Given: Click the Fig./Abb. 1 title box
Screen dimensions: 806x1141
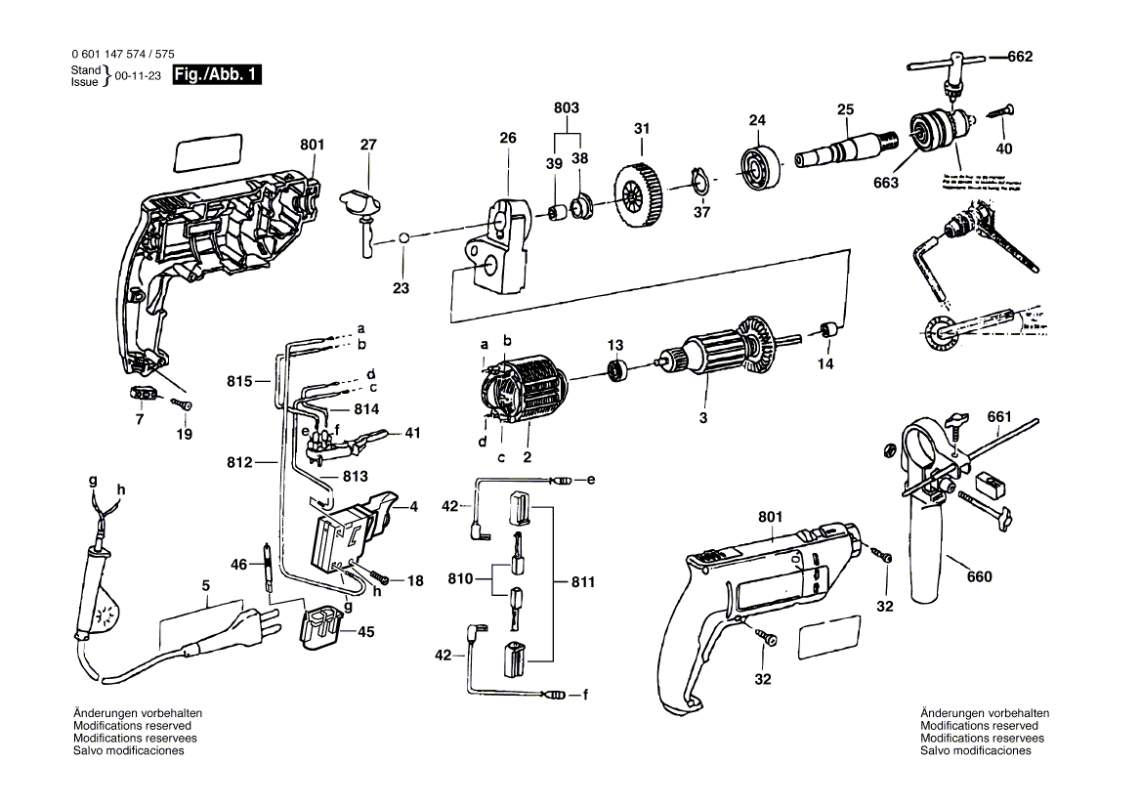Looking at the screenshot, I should pyautogui.click(x=216, y=75).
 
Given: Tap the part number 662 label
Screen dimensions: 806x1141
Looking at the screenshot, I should pyautogui.click(x=1019, y=57).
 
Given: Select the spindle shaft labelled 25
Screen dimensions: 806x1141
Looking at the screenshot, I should pyautogui.click(x=845, y=148).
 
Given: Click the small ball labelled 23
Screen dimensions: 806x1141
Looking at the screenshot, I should pyautogui.click(x=402, y=237).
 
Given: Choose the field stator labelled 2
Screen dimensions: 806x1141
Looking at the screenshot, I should pyautogui.click(x=527, y=393).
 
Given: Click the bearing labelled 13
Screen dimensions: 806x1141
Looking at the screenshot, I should pyautogui.click(x=616, y=370).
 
